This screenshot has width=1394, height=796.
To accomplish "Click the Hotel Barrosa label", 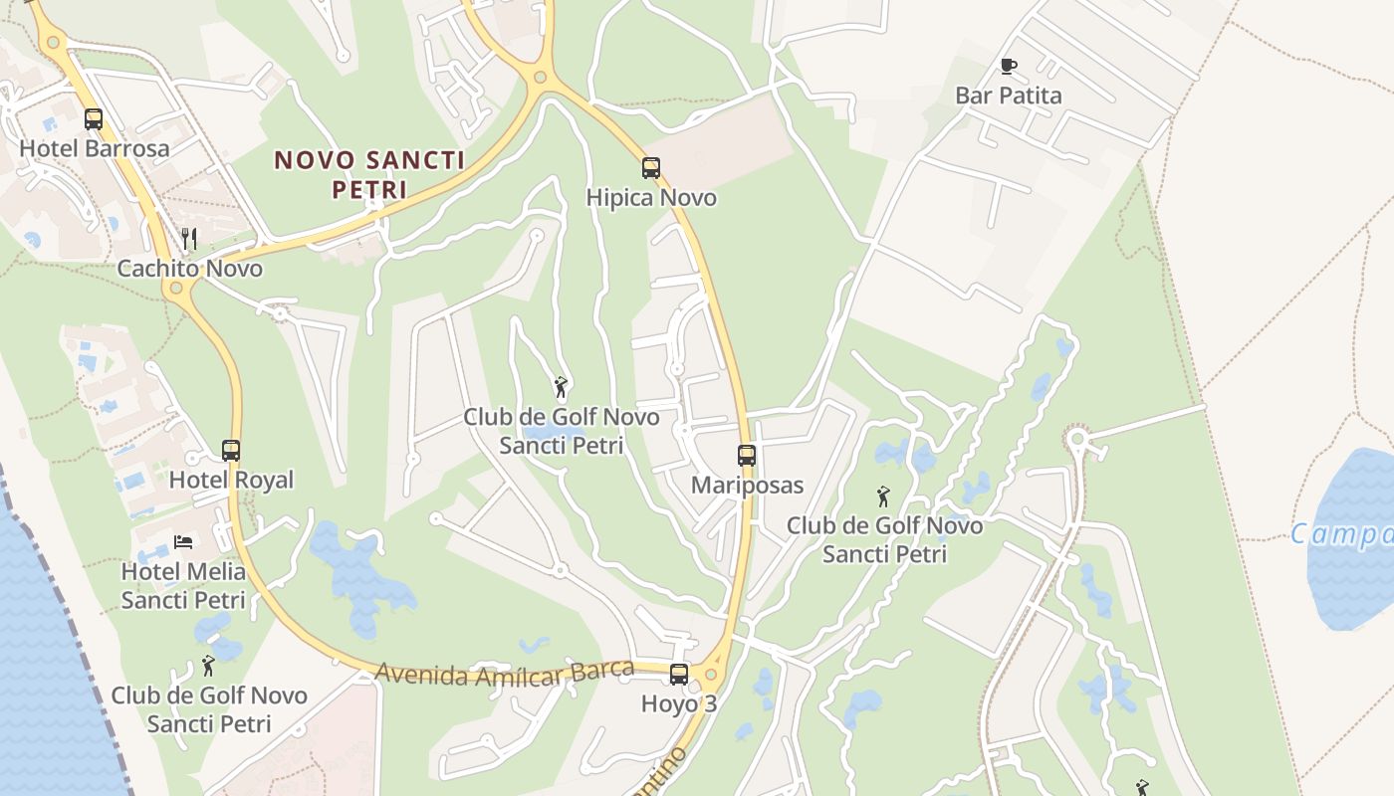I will click(95, 148).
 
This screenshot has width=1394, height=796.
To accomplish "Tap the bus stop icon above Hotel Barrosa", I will click(94, 119).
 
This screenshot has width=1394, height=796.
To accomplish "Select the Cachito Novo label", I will click(189, 269).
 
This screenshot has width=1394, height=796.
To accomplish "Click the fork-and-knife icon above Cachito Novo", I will click(189, 239).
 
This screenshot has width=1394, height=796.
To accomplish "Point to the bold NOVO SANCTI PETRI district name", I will click(369, 174).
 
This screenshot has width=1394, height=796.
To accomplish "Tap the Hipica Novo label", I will click(651, 197).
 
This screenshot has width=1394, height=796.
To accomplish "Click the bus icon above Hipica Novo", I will click(651, 168).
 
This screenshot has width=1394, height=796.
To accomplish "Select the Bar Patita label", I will click(1008, 96).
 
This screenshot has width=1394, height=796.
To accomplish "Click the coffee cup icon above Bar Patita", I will click(1008, 67).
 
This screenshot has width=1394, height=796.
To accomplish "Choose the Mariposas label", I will click(747, 486).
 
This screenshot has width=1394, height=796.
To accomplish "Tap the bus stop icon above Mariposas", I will click(747, 456).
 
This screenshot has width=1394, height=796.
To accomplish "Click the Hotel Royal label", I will click(231, 480).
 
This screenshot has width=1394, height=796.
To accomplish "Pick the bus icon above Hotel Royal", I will click(231, 451).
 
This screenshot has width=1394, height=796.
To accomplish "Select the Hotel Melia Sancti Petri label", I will click(183, 586).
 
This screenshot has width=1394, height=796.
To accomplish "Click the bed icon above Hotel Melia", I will click(183, 541).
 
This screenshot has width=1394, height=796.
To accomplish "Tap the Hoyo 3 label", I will click(679, 703).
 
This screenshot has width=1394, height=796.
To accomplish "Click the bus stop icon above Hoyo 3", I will click(679, 675).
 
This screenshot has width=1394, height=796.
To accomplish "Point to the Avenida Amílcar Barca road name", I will click(504, 673).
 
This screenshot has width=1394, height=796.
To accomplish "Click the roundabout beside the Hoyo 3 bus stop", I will click(710, 675).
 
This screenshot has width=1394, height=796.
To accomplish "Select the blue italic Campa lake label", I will click(1342, 535).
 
